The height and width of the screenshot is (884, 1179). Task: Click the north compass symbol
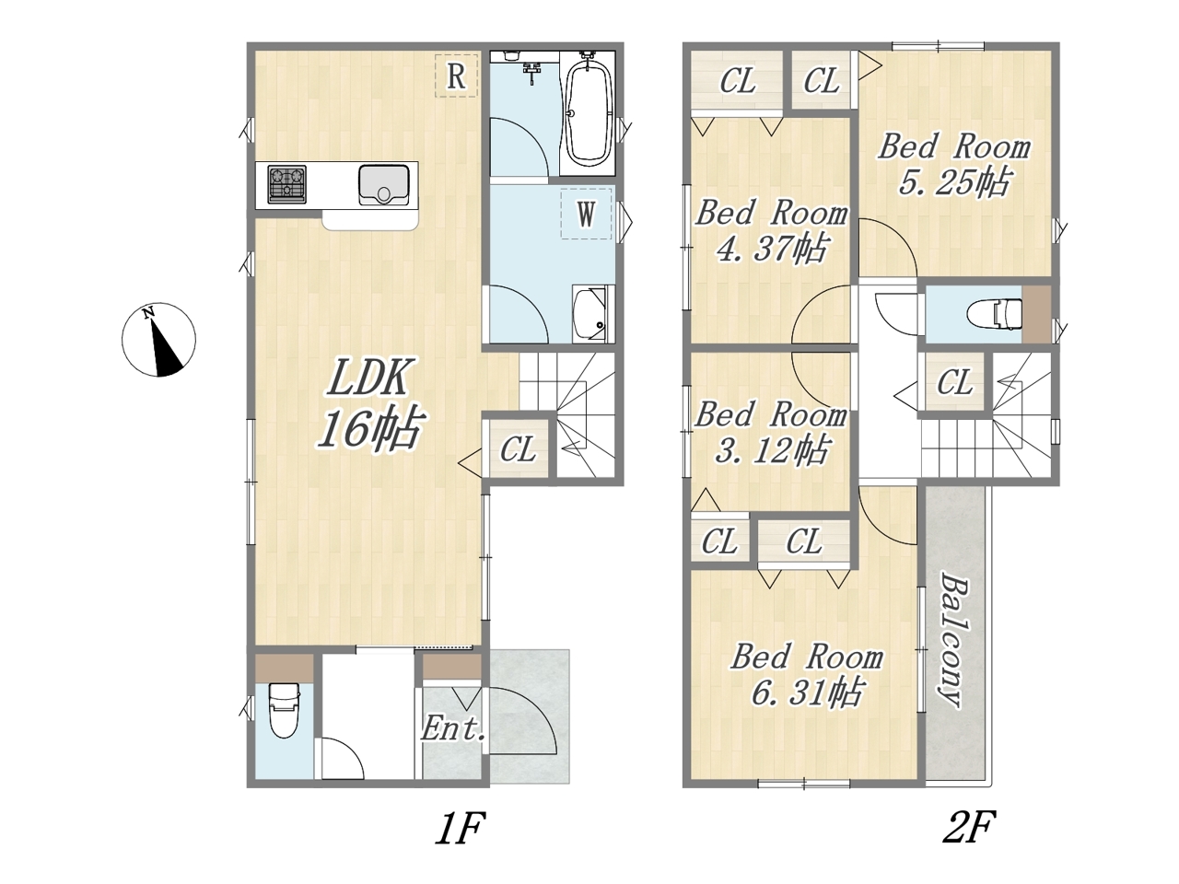[x=158, y=341]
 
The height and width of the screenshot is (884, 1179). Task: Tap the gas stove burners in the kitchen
[x=286, y=184]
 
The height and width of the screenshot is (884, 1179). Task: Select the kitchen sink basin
[x=383, y=185]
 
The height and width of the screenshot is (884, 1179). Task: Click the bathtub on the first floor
[x=589, y=114]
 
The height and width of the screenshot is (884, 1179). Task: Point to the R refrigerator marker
[x=456, y=76]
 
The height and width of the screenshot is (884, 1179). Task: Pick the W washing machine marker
[x=586, y=214]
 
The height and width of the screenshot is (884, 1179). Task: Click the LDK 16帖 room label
[x=368, y=402]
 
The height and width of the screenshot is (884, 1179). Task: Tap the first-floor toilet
[x=284, y=711]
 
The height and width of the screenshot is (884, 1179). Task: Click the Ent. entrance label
[x=453, y=729]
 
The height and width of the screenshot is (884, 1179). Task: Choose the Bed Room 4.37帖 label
[x=772, y=231]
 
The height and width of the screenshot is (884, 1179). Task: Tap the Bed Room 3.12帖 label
[x=771, y=433]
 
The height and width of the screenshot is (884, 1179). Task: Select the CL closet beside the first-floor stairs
[x=518, y=448]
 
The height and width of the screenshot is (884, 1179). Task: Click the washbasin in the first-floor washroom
[x=592, y=313]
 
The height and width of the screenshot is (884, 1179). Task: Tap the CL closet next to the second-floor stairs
[x=954, y=382]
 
